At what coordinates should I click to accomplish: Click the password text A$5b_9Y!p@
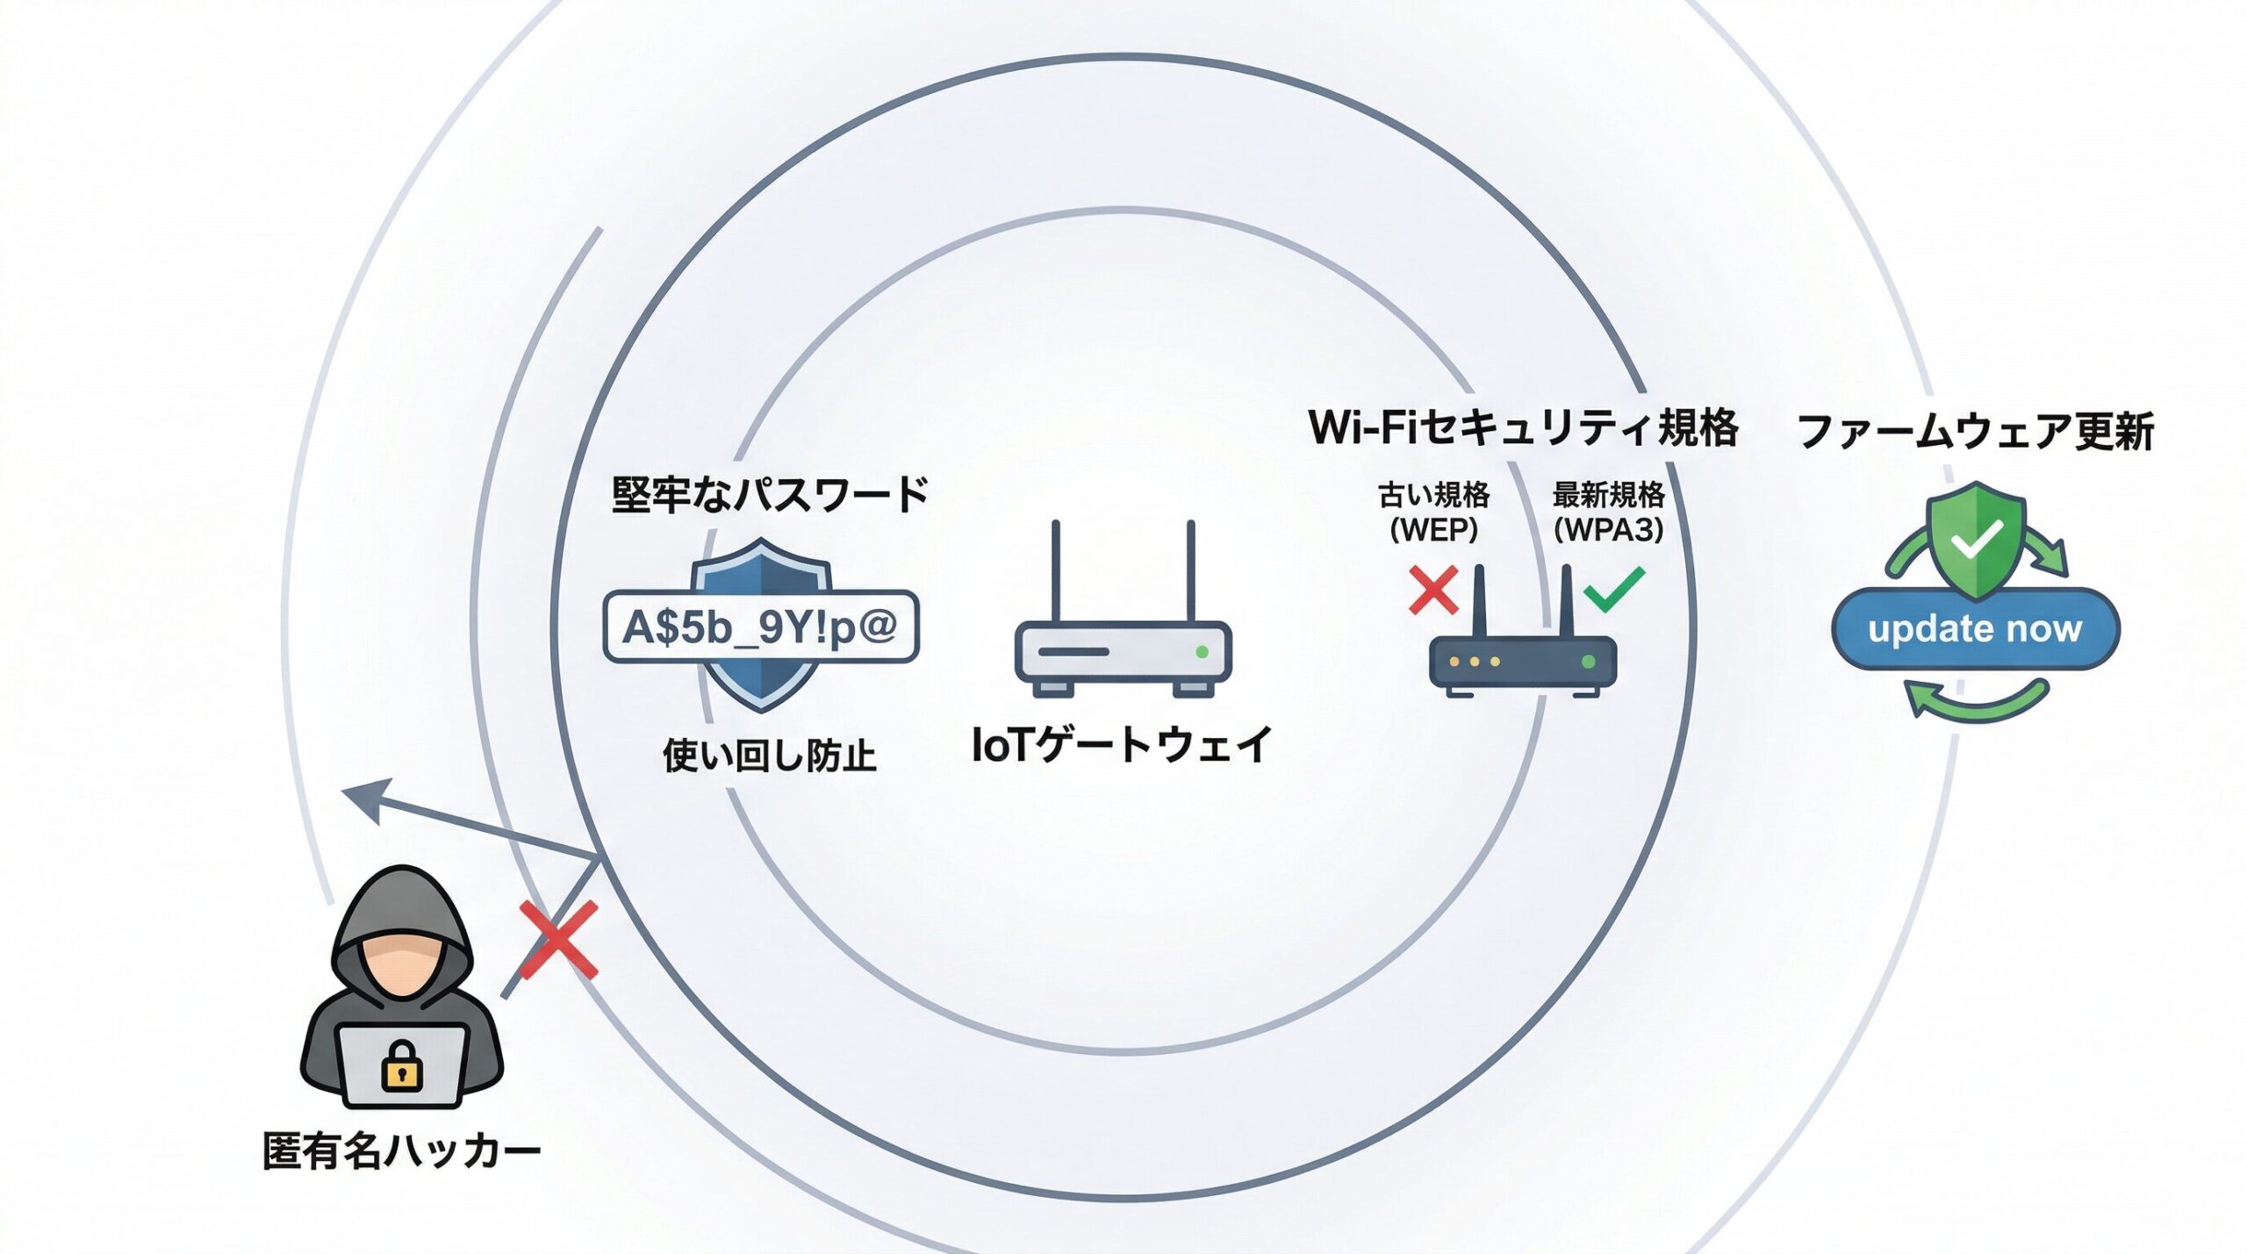click(760, 627)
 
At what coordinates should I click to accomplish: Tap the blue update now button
click(1975, 628)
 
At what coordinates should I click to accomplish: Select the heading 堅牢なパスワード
click(770, 495)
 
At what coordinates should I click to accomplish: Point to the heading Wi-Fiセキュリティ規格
click(1523, 428)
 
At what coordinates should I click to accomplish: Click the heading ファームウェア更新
click(1975, 431)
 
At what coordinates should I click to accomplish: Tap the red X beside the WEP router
click(1432, 590)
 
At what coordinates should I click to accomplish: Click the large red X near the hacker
click(558, 939)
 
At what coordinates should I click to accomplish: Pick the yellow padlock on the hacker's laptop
click(402, 1065)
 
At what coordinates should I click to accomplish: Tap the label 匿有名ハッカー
click(402, 1150)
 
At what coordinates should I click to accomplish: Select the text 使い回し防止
click(769, 756)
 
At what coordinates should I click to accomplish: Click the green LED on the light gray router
click(1202, 652)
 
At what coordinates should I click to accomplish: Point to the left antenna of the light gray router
click(1056, 570)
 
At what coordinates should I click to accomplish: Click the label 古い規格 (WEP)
click(1433, 512)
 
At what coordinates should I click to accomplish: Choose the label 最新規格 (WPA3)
click(1608, 512)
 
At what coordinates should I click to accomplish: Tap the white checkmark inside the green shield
click(1975, 540)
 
